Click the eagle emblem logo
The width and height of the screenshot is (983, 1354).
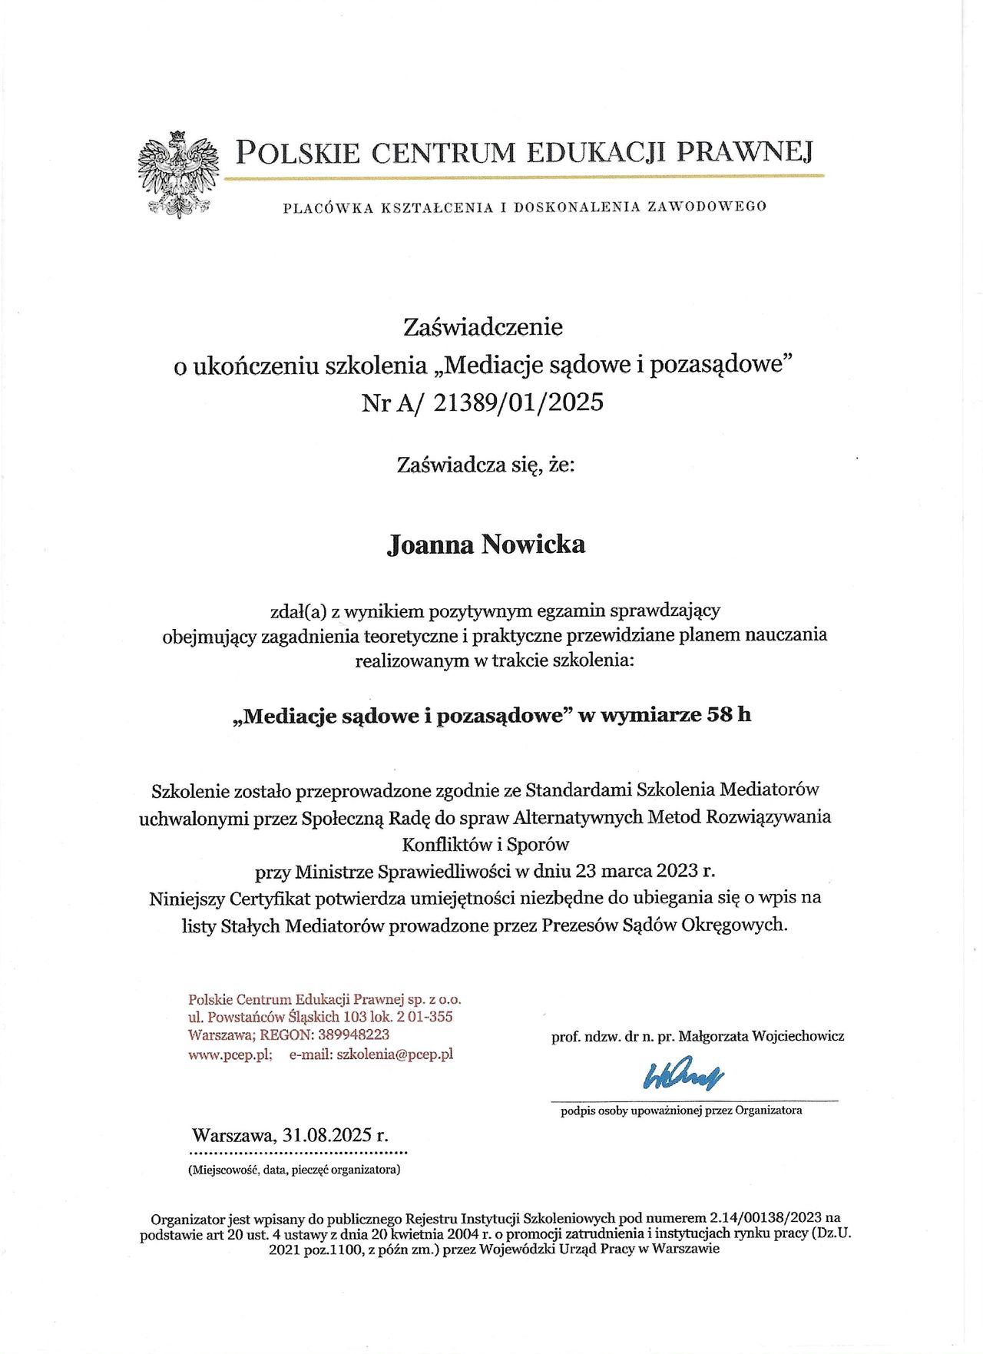(178, 174)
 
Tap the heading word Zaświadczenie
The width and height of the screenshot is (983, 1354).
(483, 327)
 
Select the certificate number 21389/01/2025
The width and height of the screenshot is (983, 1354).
(518, 402)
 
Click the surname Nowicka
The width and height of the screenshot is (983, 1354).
(533, 545)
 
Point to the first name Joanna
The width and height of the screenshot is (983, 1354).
(430, 545)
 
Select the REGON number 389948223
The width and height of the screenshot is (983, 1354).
(354, 1035)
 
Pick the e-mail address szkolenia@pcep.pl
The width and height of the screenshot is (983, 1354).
(395, 1054)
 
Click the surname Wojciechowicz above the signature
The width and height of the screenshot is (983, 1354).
(798, 1036)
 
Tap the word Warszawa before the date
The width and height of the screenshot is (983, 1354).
(233, 1135)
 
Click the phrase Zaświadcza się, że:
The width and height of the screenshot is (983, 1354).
(485, 465)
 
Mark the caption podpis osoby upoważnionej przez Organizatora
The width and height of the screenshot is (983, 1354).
(681, 1111)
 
